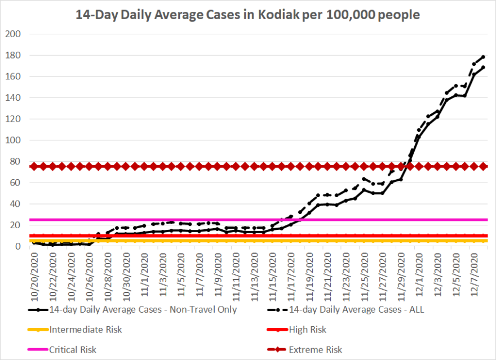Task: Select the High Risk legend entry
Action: coord(307,330)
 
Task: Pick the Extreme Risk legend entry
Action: coord(315,350)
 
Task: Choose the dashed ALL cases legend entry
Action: coord(356,309)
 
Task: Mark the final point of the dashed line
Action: coord(484,57)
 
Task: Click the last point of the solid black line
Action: coord(484,68)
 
